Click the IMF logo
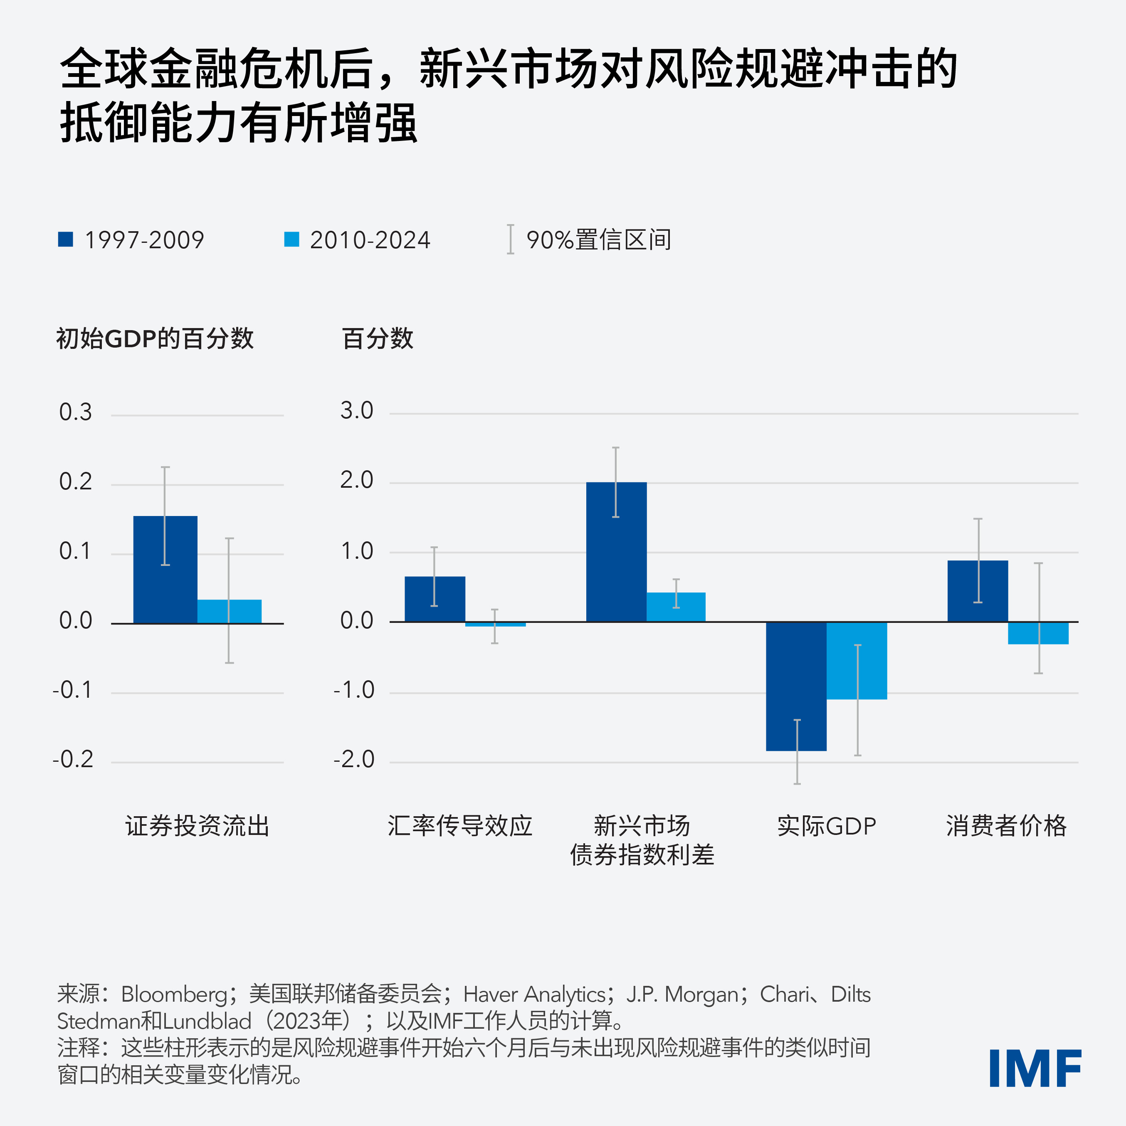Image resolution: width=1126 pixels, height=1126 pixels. [1035, 1068]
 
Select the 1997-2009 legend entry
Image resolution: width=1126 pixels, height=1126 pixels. [131, 240]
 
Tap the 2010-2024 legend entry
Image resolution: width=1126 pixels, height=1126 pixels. [357, 240]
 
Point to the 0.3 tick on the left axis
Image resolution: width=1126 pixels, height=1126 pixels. [75, 412]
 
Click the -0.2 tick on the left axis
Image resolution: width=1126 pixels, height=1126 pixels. [73, 759]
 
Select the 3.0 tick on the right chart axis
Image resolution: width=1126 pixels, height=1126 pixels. [357, 411]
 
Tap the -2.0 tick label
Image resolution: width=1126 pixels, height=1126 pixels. [354, 759]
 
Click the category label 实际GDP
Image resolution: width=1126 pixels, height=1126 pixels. [827, 826]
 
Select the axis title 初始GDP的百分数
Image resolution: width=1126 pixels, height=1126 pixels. [155, 338]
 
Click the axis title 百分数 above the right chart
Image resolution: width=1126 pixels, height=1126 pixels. [378, 338]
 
